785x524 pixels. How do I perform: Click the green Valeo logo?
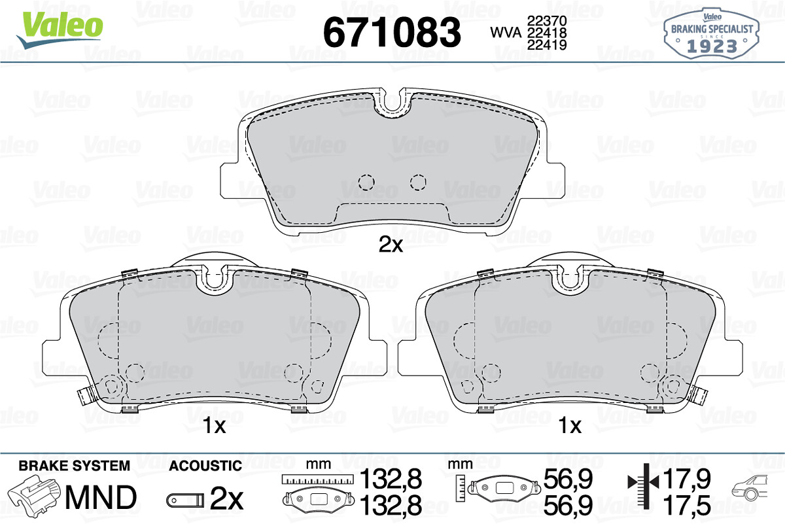tap(60, 30)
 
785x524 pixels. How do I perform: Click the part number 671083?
tap(392, 32)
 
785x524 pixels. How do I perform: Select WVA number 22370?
tap(547, 21)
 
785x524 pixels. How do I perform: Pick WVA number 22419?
tap(547, 45)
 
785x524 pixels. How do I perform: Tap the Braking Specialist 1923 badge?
tap(712, 33)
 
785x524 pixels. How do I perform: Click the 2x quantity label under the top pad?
tap(391, 244)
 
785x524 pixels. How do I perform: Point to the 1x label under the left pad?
tap(214, 425)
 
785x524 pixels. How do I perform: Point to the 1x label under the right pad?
tap(570, 425)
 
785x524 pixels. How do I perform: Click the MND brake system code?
tap(101, 497)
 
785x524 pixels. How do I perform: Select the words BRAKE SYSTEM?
tap(75, 466)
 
